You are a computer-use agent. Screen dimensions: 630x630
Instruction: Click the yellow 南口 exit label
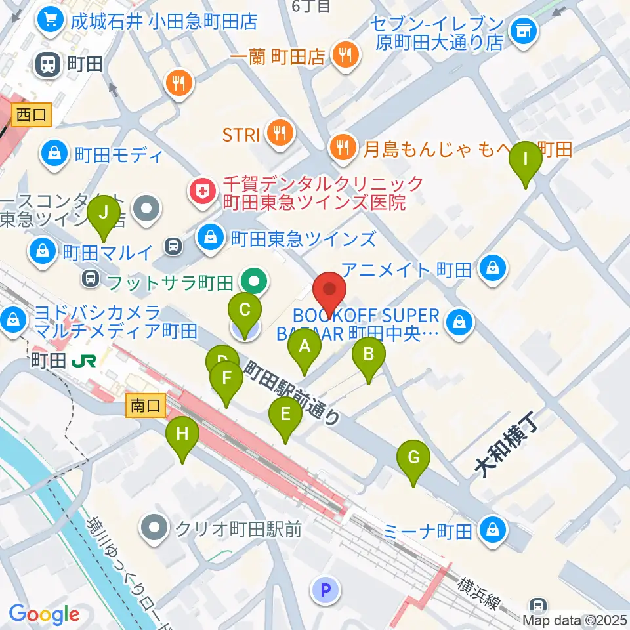pyautogui.click(x=145, y=406)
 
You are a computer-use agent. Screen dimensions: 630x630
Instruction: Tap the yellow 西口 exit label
pyautogui.click(x=31, y=115)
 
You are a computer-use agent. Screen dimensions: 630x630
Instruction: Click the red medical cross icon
pyautogui.click(x=200, y=192)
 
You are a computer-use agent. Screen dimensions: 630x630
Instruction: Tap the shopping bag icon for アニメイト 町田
pyautogui.click(x=490, y=267)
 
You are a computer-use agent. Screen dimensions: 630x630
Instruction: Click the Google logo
pyautogui.click(x=45, y=614)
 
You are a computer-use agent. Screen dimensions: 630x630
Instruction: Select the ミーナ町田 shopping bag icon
pyautogui.click(x=491, y=529)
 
